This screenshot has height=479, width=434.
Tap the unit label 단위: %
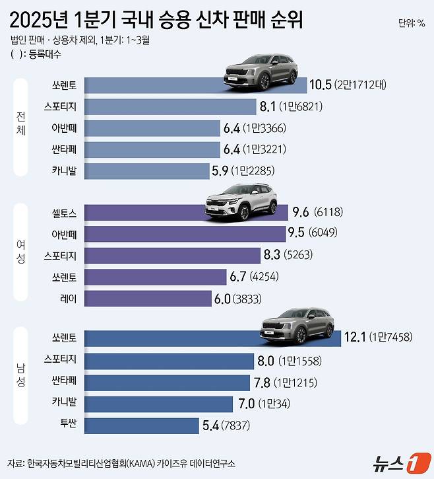[x=412, y=24]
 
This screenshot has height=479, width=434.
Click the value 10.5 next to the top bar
[x=320, y=85]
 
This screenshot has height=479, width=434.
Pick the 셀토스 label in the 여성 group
[x=64, y=212]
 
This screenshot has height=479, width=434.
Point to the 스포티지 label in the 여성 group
[x=60, y=255]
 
